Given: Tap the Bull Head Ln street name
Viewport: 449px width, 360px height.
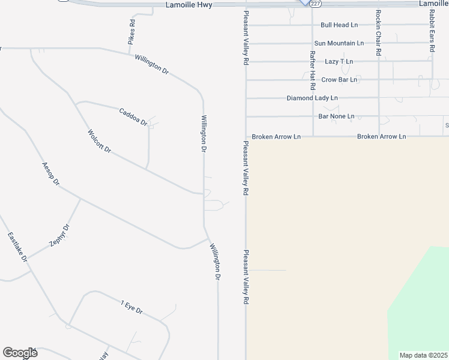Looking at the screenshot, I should pyautogui.click(x=339, y=25).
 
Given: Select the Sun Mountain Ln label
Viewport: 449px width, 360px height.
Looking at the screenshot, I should pyautogui.click(x=339, y=43).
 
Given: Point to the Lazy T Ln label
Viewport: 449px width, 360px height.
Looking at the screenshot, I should pyautogui.click(x=339, y=61).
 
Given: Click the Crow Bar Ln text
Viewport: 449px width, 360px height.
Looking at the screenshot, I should pyautogui.click(x=339, y=79).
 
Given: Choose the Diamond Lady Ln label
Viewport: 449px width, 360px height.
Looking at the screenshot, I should pyautogui.click(x=312, y=98).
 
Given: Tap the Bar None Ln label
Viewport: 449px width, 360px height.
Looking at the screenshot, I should pyautogui.click(x=336, y=116).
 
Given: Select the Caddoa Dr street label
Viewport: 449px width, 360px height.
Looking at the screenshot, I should pyautogui.click(x=133, y=116).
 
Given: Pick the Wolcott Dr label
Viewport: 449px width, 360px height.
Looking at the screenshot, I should pyautogui.click(x=100, y=141).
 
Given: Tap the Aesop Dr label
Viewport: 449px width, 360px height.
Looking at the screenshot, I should pyautogui.click(x=51, y=173).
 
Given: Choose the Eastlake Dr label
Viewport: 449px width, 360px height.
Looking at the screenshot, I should pyautogui.click(x=17, y=247).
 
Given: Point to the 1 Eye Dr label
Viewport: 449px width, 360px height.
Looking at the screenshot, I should pyautogui.click(x=131, y=307).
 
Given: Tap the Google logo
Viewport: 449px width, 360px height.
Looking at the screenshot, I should pyautogui.click(x=20, y=353).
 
